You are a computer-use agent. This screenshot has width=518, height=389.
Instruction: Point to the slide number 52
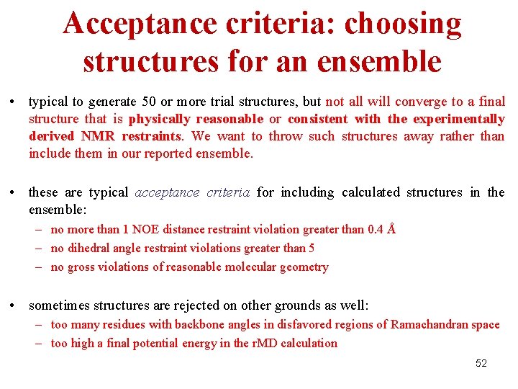(481, 363)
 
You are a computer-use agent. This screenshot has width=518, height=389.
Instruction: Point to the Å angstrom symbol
(391, 229)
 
